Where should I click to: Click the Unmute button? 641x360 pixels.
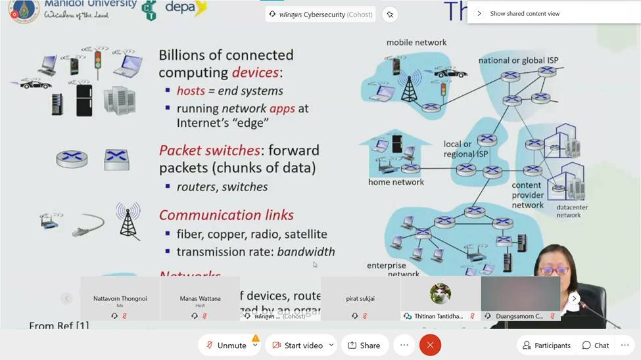[226, 345]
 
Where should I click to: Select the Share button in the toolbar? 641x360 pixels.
[364, 345]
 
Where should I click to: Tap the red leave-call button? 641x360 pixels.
[430, 345]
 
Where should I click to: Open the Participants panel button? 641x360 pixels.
[546, 345]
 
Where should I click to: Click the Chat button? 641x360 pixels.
[596, 345]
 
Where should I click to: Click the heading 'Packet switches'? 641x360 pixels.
[210, 150]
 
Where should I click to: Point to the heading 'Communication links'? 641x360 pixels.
[226, 215]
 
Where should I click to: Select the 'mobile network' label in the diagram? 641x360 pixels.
[416, 42]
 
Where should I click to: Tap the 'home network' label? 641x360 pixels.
[396, 182]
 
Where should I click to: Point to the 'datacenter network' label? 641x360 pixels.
[568, 211]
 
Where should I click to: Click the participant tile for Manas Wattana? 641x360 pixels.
[200, 301]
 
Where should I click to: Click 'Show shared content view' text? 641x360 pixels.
[525, 13]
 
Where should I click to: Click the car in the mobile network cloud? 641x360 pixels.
[450, 73]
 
